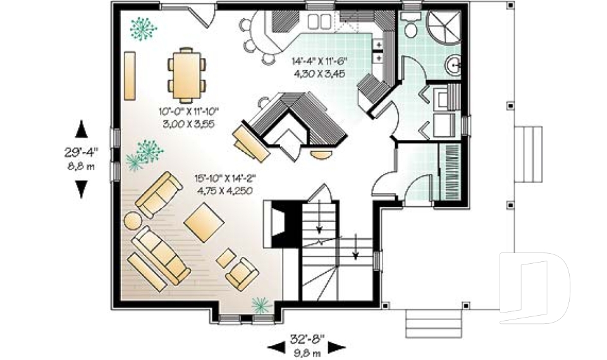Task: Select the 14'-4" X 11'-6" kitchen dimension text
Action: point(319,62)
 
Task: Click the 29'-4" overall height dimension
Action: point(82,151)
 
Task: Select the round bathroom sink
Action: point(454,64)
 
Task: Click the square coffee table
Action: point(204,222)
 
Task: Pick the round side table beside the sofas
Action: point(133,221)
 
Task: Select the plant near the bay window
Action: point(261,306)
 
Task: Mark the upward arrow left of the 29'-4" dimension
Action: point(82,130)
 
